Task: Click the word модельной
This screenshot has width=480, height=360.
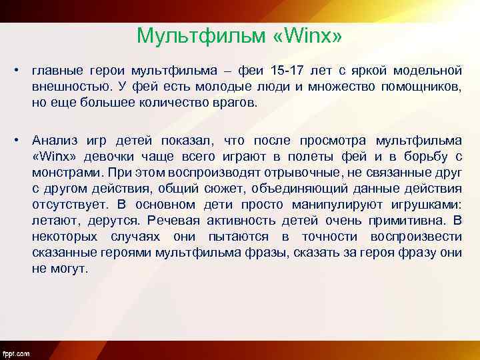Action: (429, 71)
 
